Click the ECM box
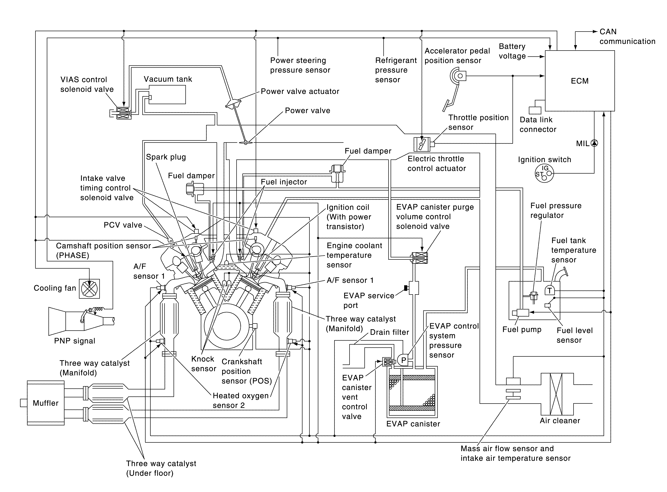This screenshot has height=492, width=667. tap(580, 81)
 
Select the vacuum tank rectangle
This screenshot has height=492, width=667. tap(167, 94)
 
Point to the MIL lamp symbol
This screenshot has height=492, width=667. tap(594, 143)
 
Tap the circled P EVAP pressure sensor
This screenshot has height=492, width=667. tap(403, 360)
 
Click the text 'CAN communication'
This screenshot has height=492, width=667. tap(627, 36)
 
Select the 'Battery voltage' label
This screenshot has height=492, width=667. tap(512, 51)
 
